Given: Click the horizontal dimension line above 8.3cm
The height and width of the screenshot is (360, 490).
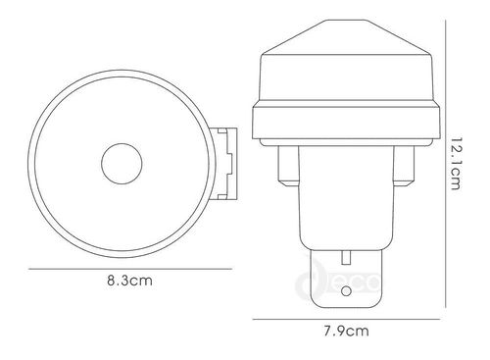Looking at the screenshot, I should [127, 267].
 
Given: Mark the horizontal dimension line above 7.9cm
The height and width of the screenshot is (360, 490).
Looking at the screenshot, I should [350, 317].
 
